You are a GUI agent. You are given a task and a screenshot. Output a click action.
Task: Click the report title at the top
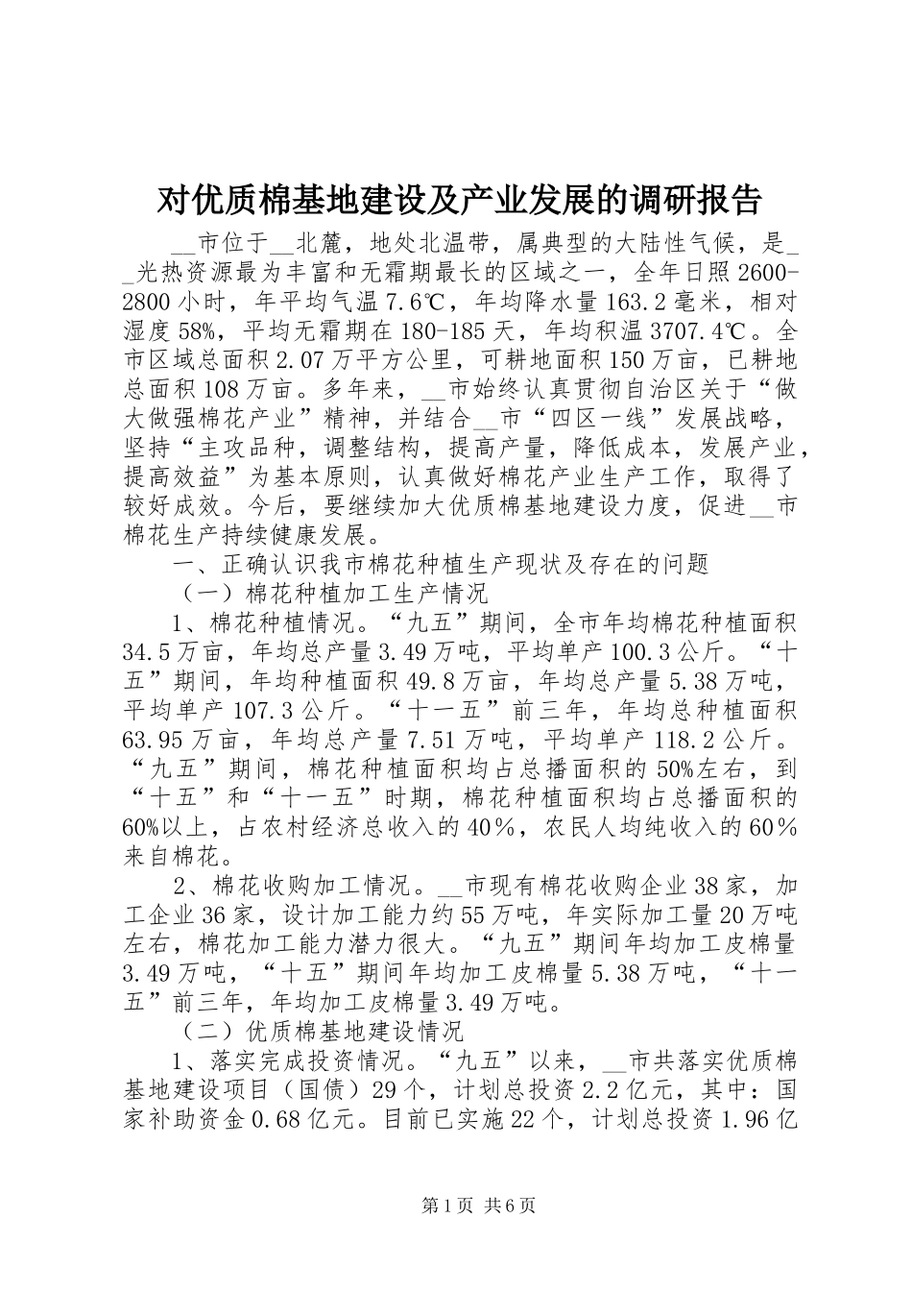tap(457, 200)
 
